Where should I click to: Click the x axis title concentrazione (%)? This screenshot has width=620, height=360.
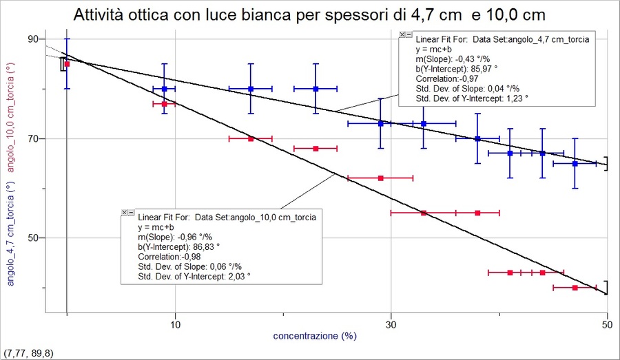click(x=315, y=337)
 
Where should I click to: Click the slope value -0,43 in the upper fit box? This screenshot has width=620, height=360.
click(x=471, y=59)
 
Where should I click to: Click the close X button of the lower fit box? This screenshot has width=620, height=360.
click(x=125, y=213)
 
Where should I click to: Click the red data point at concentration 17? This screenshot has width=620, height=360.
click(x=251, y=138)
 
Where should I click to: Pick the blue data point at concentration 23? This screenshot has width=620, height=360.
click(x=316, y=89)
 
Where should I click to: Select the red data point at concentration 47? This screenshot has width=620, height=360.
click(x=575, y=288)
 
